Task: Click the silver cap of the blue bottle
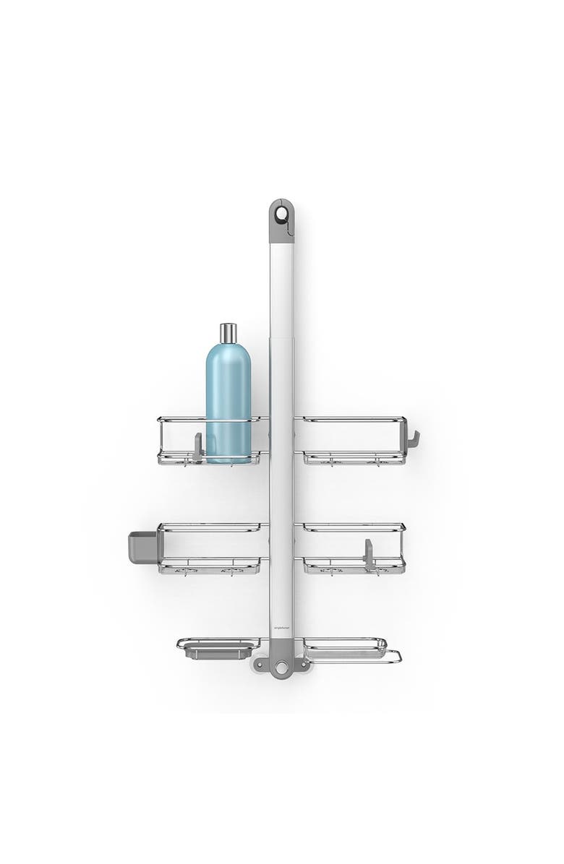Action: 228,333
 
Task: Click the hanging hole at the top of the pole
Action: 281,213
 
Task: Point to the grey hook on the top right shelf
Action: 413,439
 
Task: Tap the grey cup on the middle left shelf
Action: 142,548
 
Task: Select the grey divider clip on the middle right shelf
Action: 369,553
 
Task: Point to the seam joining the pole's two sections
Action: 281,341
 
